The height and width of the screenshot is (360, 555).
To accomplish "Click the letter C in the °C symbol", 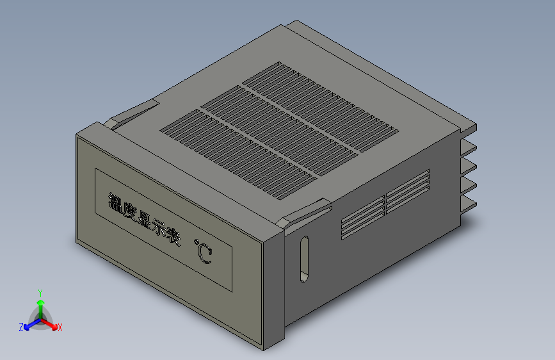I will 205,255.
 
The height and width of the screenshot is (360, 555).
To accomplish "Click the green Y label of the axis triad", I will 40,292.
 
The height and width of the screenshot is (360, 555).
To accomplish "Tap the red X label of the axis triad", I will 60,328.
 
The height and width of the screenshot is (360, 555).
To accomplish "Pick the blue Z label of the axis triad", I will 21,327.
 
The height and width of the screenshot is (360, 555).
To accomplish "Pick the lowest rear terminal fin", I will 469,204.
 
